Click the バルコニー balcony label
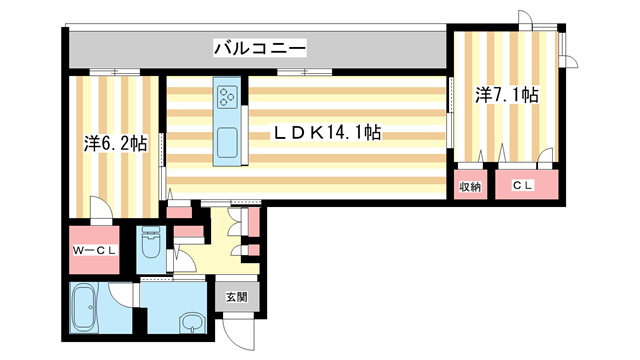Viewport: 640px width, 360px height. pyautogui.click(x=258, y=47)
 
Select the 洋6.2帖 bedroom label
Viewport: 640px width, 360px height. pyautogui.click(x=115, y=144)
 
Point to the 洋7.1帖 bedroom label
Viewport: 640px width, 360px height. pyautogui.click(x=507, y=95)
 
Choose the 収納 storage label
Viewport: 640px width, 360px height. pyautogui.click(x=471, y=186)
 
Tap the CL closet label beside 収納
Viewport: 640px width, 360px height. pyautogui.click(x=523, y=186)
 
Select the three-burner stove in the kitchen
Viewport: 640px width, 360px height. pyautogui.click(x=226, y=98)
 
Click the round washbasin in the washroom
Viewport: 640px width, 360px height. pyautogui.click(x=191, y=323)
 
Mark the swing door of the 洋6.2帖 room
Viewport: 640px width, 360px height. pyautogui.click(x=101, y=207)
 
